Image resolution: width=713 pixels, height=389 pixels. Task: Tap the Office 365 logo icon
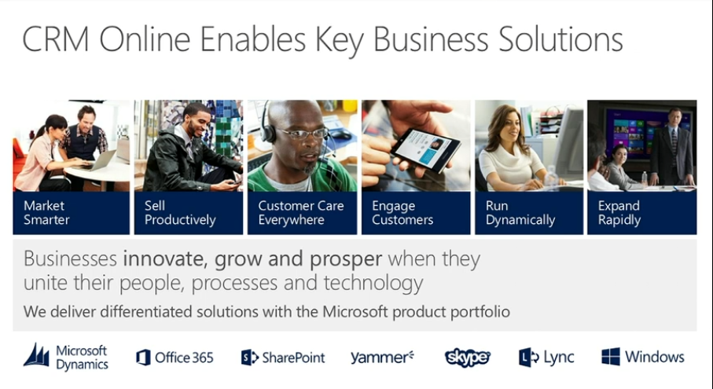pyautogui.click(x=143, y=358)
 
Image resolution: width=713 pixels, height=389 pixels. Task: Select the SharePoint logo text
pyautogui.click(x=293, y=358)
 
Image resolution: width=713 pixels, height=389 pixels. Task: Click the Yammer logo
pyautogui.click(x=382, y=358)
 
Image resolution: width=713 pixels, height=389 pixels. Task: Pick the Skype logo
pyautogui.click(x=467, y=358)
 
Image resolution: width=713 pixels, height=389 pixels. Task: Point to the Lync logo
pyautogui.click(x=546, y=358)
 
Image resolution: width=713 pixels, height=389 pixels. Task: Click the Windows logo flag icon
pyautogui.click(x=610, y=358)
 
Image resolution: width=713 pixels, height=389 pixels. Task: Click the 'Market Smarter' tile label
pyautogui.click(x=46, y=213)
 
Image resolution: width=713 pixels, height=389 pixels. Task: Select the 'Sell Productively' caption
pyautogui.click(x=180, y=213)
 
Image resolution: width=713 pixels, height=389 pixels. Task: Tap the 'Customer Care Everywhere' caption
pyautogui.click(x=301, y=213)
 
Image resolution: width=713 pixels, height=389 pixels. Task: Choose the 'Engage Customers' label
pyautogui.click(x=402, y=213)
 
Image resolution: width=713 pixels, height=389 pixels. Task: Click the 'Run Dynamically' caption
pyautogui.click(x=520, y=213)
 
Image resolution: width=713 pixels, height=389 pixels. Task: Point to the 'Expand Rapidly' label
pyautogui.click(x=619, y=213)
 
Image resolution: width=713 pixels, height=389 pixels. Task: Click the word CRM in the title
pyautogui.click(x=56, y=39)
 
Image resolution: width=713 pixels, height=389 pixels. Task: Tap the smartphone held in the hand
pyautogui.click(x=425, y=149)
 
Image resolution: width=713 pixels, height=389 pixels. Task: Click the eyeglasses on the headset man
pyautogui.click(x=303, y=133)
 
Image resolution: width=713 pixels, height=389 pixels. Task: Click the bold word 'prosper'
pyautogui.click(x=346, y=259)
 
